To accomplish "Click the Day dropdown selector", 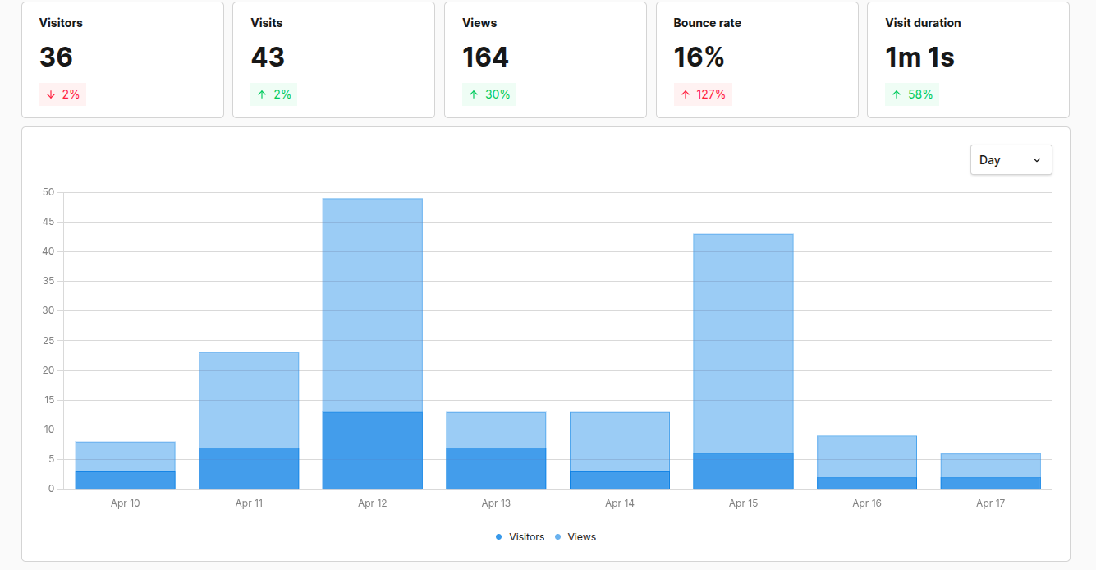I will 1011,160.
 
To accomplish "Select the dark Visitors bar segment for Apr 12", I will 372,450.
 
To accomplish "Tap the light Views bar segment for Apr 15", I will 743,343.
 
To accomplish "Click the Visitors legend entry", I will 520,537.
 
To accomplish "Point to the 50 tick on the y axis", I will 48,193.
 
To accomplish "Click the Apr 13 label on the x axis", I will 496,503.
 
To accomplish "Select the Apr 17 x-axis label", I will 990,503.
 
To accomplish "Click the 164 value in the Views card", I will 485,57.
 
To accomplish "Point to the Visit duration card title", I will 923,23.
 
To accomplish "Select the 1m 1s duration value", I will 919,57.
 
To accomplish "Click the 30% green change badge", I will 488,94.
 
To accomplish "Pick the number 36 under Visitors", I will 56,57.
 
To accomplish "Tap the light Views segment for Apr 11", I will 249,400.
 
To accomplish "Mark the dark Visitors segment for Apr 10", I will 125,480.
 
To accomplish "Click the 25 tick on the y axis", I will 48,341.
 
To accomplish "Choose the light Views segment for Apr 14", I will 619,442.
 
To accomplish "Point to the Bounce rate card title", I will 707,23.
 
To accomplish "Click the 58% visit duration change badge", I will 911,94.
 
